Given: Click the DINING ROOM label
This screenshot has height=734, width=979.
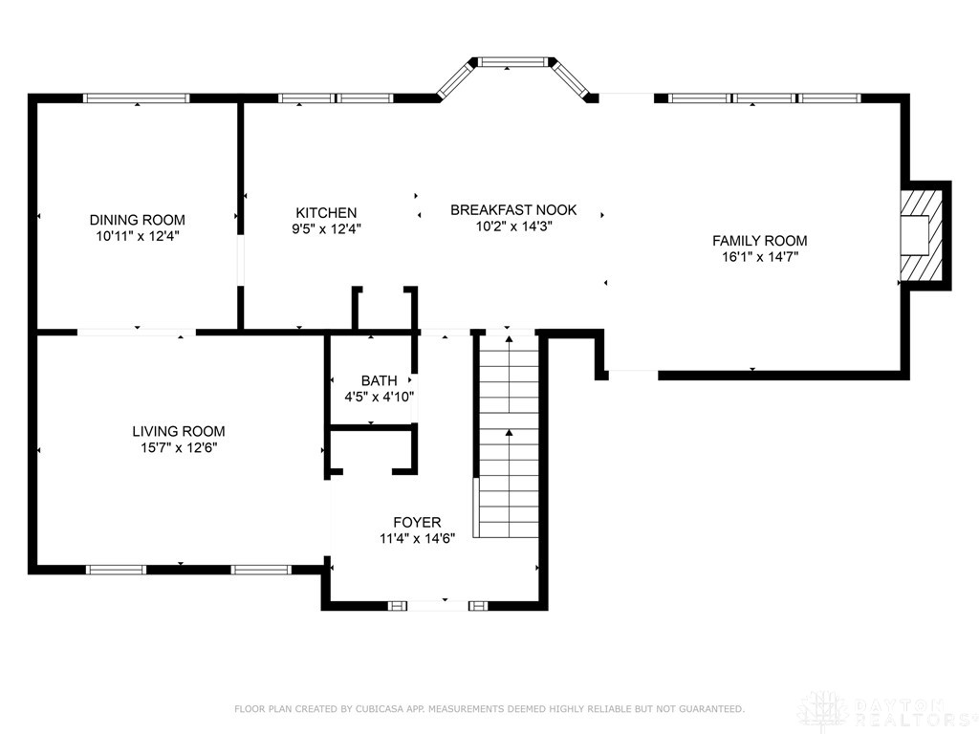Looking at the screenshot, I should (137, 220).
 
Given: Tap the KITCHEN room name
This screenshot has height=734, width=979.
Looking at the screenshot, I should (326, 212).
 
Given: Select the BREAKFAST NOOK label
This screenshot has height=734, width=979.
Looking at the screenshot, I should (513, 210).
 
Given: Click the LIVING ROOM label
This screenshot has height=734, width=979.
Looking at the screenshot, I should (178, 431).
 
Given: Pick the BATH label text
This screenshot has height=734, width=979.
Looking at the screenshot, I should (379, 380).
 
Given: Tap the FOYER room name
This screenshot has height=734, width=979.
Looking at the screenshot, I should (417, 522).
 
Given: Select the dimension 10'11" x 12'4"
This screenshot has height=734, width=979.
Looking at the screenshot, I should (137, 235).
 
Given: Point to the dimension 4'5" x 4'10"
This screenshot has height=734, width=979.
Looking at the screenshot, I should (379, 396).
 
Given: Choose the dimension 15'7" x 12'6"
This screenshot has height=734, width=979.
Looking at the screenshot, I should (178, 446).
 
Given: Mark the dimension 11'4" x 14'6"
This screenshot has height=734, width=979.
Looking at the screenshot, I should (417, 537).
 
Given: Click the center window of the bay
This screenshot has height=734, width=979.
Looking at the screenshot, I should (514, 63).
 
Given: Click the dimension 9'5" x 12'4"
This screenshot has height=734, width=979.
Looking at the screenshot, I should (326, 228).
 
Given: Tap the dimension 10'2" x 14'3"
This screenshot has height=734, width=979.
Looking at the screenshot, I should (513, 227).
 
